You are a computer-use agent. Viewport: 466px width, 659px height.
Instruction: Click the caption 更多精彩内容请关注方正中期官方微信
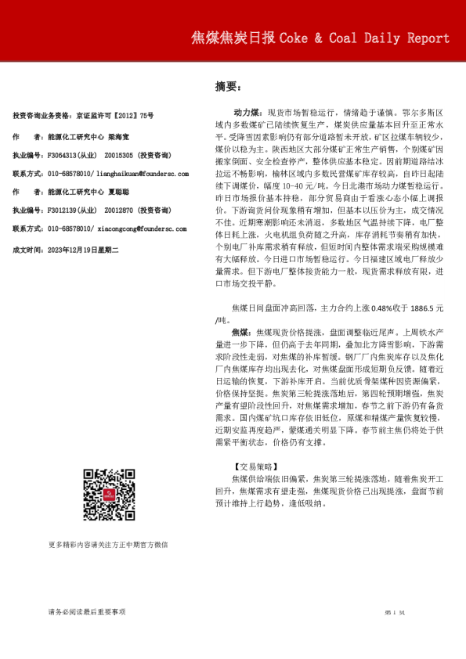point(108,544)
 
